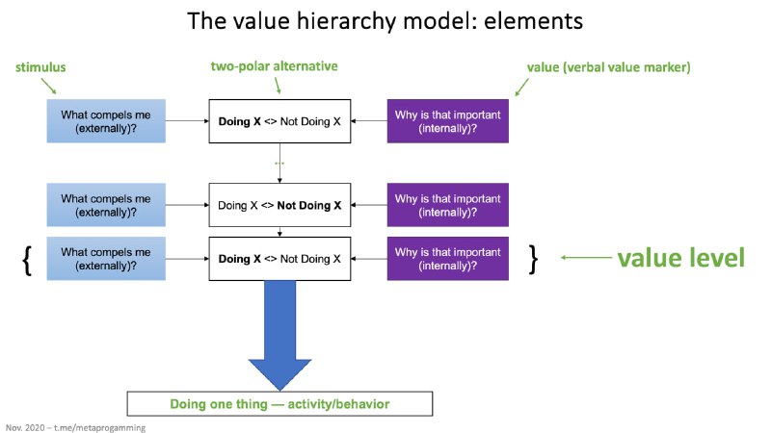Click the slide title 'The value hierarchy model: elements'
385,21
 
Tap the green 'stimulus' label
40,67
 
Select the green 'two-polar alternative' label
275,66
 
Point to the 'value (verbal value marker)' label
609,67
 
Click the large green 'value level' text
681,258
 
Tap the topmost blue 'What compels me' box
106,121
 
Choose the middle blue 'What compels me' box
106,205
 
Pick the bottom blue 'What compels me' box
106,259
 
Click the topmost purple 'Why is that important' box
448,121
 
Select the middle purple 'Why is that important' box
448,205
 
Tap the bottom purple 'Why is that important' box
448,259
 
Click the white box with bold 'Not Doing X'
279,205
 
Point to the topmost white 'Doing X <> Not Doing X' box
279,121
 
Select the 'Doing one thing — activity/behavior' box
279,404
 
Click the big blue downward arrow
279,334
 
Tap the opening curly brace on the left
28,260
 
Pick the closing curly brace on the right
533,259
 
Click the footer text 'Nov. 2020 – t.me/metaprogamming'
76,427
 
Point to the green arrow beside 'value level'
586,257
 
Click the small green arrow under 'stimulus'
49,86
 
